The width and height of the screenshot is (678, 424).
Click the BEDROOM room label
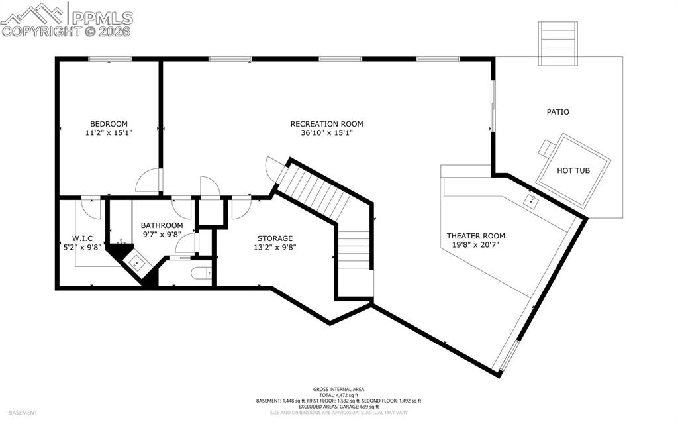click(x=109, y=124)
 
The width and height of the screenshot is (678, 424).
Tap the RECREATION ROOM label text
click(x=326, y=124)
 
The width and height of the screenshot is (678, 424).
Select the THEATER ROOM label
click(x=475, y=236)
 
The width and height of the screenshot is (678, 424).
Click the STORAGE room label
click(x=275, y=238)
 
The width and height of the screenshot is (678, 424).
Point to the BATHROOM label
click(x=162, y=225)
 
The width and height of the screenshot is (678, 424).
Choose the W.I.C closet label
click(x=82, y=238)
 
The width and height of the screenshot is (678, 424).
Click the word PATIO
click(x=557, y=112)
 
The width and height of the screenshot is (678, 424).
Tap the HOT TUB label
click(x=573, y=171)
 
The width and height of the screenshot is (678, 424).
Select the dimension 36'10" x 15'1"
click(x=326, y=132)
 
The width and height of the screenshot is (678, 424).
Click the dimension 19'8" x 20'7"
click(x=475, y=245)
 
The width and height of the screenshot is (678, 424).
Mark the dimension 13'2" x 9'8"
click(x=275, y=247)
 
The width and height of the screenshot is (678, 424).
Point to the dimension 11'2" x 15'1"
click(x=109, y=132)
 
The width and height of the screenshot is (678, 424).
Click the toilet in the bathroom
click(x=200, y=272)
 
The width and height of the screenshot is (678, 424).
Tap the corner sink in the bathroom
click(x=136, y=262)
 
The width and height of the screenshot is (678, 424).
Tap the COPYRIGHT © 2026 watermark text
click(x=66, y=31)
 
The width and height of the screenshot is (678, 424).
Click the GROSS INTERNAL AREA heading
click(x=338, y=390)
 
